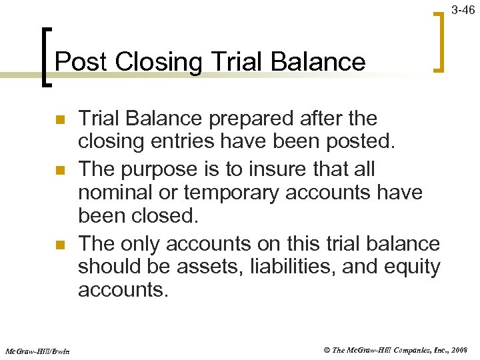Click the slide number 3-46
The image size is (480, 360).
pyautogui.click(x=464, y=10)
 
